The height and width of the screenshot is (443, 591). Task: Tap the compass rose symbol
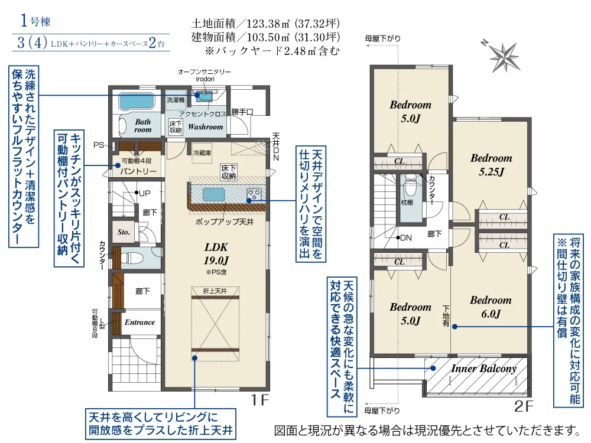(x=503, y=57)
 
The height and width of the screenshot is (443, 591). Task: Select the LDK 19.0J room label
(x=216, y=253)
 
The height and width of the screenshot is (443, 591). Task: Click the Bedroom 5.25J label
(x=491, y=165)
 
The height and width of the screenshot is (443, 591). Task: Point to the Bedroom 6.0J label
(x=491, y=307)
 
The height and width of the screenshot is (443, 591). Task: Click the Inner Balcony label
(x=483, y=369)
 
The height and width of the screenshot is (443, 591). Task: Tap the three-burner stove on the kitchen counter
(x=254, y=194)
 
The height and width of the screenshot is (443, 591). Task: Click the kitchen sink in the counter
(x=214, y=195)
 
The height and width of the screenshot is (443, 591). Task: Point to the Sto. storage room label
(x=124, y=232)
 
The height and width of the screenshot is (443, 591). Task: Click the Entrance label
(x=140, y=322)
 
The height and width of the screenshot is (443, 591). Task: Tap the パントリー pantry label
(x=138, y=171)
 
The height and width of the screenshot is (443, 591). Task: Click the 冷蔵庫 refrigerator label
(x=202, y=153)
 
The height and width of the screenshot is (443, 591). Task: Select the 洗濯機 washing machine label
(x=176, y=100)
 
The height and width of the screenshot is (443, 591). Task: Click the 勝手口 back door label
(x=242, y=112)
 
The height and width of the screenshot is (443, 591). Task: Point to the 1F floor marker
(x=259, y=400)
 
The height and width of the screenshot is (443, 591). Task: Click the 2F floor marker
(x=524, y=406)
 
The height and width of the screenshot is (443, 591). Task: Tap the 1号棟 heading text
(x=35, y=21)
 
